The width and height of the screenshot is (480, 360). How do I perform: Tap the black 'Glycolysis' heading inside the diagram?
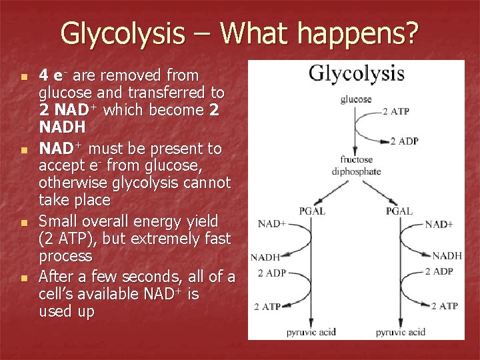[x=356, y=73]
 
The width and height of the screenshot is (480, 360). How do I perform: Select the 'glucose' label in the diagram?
[x=356, y=99]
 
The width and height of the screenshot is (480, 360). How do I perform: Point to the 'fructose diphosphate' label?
[x=356, y=165]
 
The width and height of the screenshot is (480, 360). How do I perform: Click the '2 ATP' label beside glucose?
[x=396, y=111]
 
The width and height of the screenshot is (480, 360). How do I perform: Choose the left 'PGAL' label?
[x=312, y=211]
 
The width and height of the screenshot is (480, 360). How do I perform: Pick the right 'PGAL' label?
[x=399, y=211]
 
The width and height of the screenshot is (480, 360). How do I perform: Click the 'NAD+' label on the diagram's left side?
[x=271, y=223]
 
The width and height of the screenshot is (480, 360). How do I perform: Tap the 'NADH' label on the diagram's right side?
[x=447, y=255]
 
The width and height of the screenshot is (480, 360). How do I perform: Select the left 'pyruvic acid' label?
[x=312, y=331]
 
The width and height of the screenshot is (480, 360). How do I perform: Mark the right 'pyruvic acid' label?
[x=400, y=331]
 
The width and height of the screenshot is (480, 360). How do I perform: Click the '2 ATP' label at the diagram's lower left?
[x=267, y=307]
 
